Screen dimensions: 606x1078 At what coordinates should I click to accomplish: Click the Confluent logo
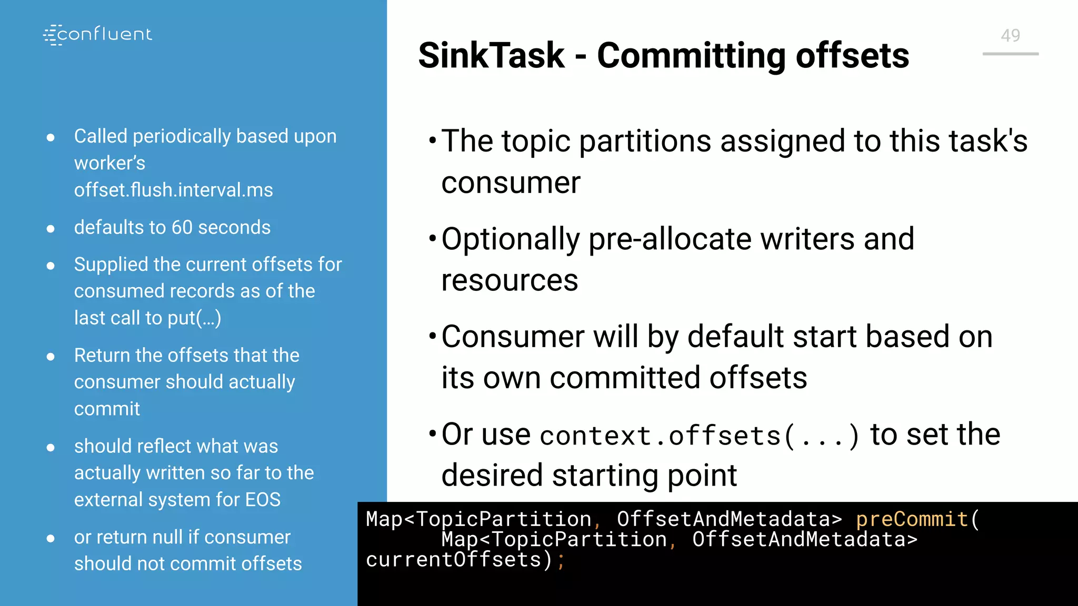pyautogui.click(x=98, y=35)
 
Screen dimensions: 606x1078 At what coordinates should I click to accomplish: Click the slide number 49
pyautogui.click(x=1010, y=35)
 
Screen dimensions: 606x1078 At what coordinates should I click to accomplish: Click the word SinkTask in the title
pyautogui.click(x=491, y=56)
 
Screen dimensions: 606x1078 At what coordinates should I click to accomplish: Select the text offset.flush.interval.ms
pyautogui.click(x=173, y=190)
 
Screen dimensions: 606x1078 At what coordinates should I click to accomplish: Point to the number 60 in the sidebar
pyautogui.click(x=182, y=227)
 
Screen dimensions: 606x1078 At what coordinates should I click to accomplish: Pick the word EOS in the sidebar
pyautogui.click(x=262, y=500)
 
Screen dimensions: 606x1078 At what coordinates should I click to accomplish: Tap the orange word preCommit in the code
pyautogui.click(x=912, y=520)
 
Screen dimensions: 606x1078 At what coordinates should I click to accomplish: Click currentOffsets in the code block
pyautogui.click(x=453, y=560)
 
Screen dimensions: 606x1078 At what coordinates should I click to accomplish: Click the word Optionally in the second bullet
pyautogui.click(x=510, y=239)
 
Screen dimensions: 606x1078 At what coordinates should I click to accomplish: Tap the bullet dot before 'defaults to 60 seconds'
pyautogui.click(x=51, y=229)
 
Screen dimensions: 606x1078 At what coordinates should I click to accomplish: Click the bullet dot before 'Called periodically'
pyautogui.click(x=51, y=138)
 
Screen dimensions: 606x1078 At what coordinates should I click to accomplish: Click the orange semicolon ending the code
pyautogui.click(x=561, y=561)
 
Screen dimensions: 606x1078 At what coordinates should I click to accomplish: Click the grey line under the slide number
pyautogui.click(x=1010, y=54)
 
